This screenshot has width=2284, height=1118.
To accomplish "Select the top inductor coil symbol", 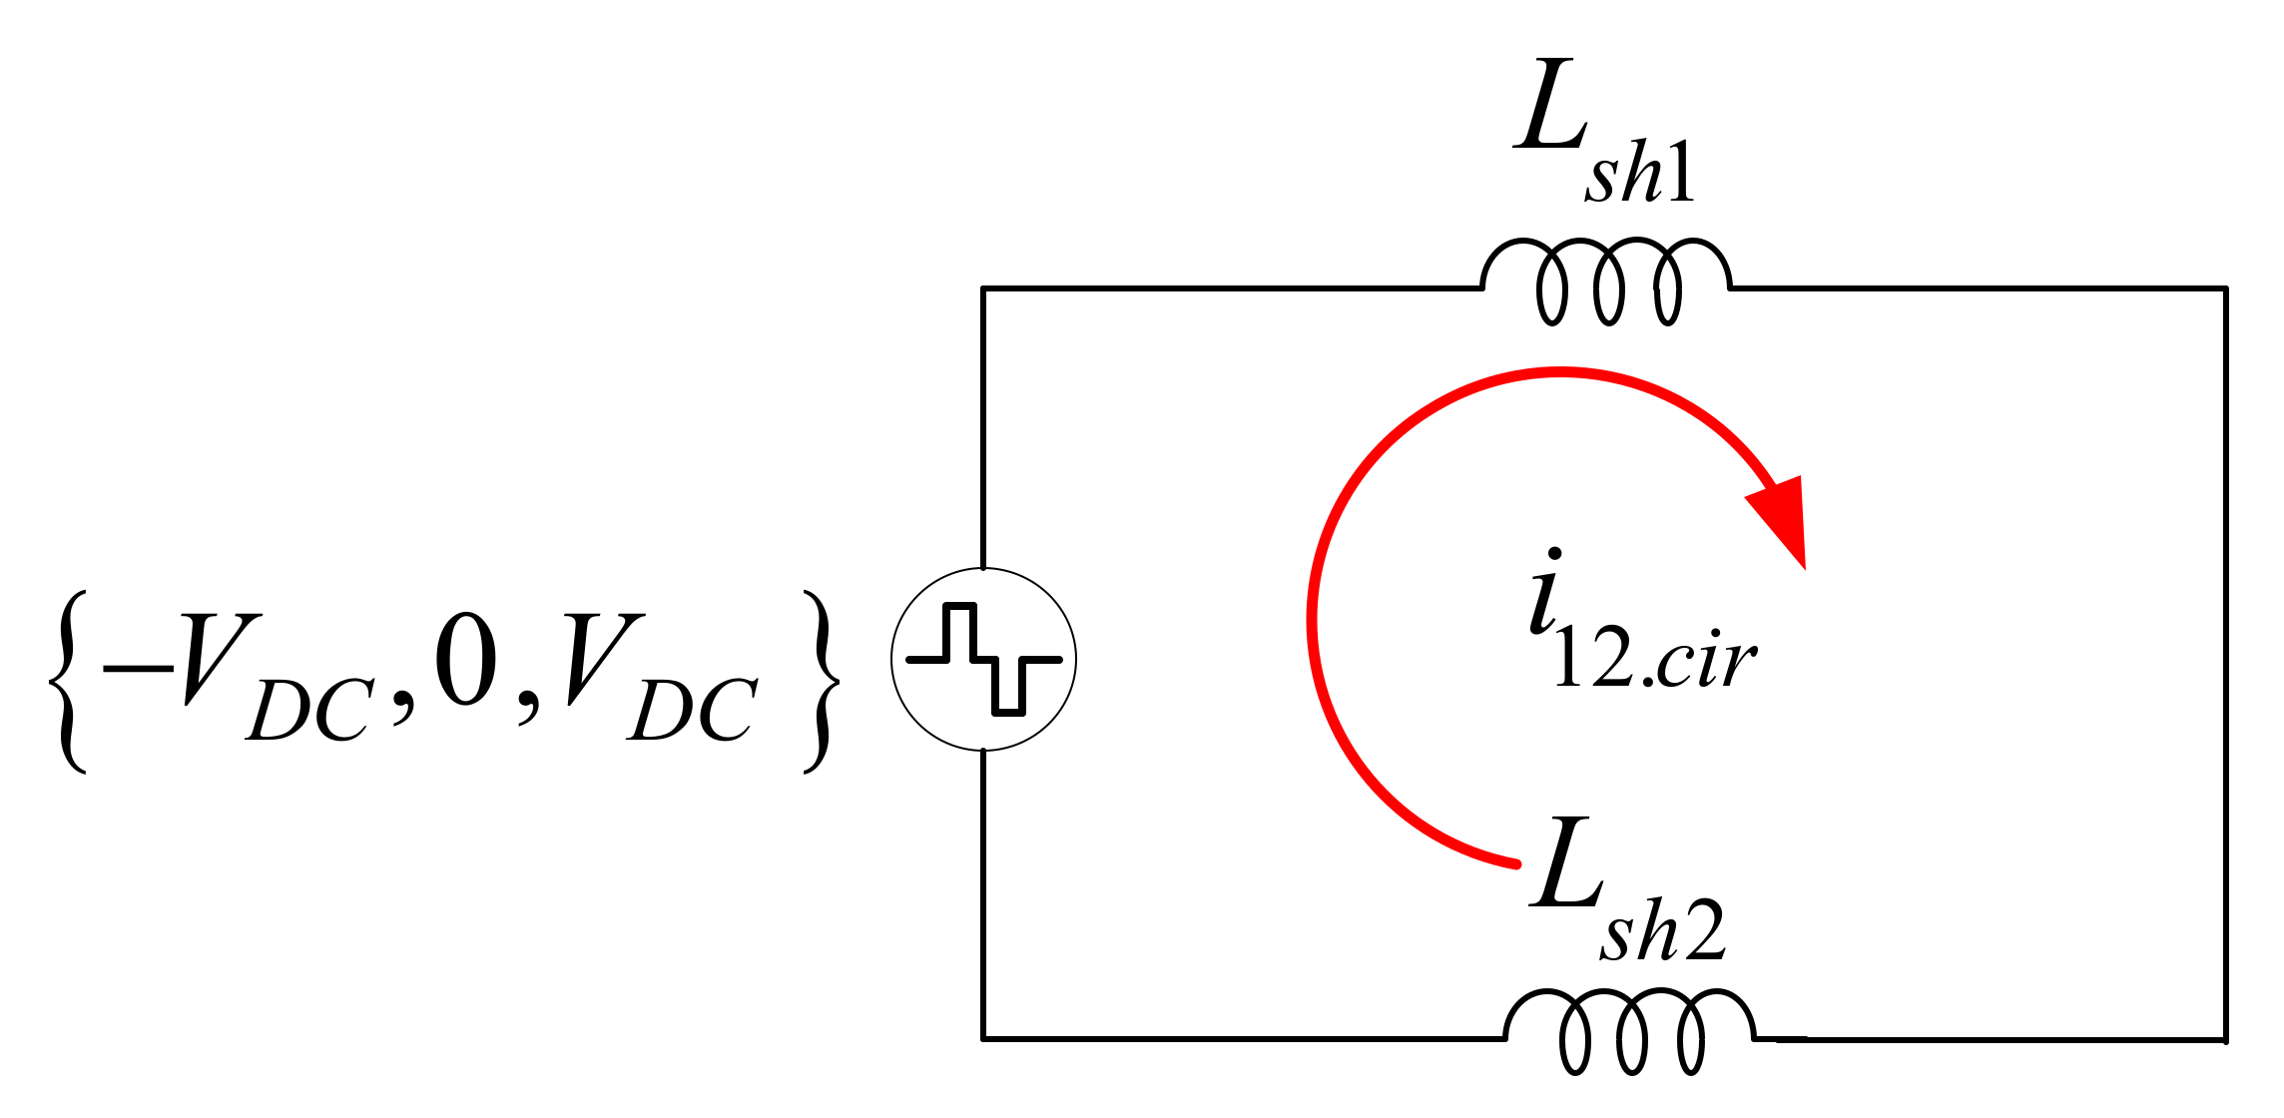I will pyautogui.click(x=1606, y=281).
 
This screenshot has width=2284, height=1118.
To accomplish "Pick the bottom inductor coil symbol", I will pyautogui.click(x=1630, y=1032).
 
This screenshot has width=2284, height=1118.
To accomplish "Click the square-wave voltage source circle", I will pyautogui.click(x=983, y=659).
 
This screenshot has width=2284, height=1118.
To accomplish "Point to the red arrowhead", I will pyautogui.click(x=1784, y=519).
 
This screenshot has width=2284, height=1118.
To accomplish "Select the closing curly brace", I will pyautogui.click(x=821, y=682).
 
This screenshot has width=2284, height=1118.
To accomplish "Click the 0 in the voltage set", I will pyautogui.click(x=466, y=660).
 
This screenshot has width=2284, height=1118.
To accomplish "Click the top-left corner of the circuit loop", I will pyautogui.click(x=983, y=288).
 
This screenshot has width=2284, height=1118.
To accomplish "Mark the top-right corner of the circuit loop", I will pyautogui.click(x=2225, y=288).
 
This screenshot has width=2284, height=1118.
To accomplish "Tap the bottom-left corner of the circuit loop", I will pyautogui.click(x=983, y=1038).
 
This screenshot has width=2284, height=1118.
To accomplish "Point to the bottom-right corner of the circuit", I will pyautogui.click(x=2225, y=1039).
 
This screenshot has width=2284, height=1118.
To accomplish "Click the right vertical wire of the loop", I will pyautogui.click(x=2225, y=659).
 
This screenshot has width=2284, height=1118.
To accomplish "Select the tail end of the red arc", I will pyautogui.click(x=1515, y=862).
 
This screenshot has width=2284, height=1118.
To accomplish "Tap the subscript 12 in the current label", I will pyautogui.click(x=1592, y=661).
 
